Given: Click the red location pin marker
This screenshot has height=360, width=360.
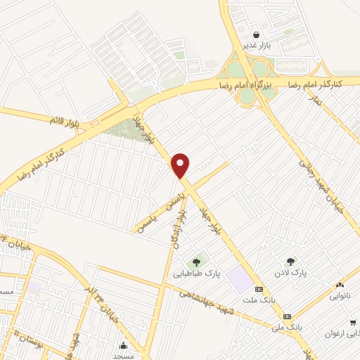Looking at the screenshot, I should (181, 165).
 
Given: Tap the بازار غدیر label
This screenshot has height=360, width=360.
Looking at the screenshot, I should (256, 46).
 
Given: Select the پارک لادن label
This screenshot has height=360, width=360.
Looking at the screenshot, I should (292, 271).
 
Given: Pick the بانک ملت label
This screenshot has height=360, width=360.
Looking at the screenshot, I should (258, 300).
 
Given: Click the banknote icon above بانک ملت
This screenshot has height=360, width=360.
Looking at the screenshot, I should (259, 289).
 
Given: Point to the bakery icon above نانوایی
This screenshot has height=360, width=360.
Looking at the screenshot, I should (340, 285).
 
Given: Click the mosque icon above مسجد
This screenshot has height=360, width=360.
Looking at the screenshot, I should (124, 345).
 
